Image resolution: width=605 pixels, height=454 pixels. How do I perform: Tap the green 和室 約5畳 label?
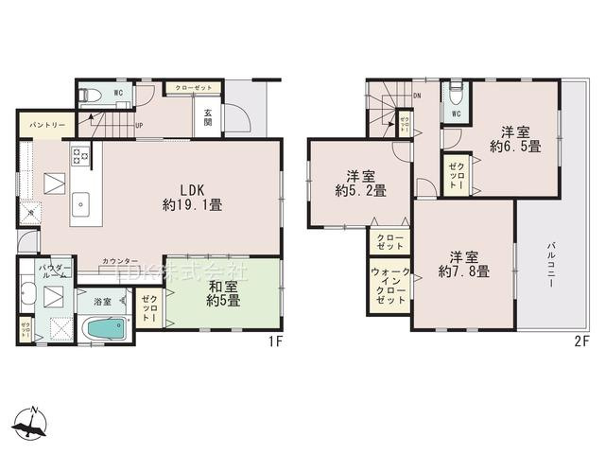point(223,295)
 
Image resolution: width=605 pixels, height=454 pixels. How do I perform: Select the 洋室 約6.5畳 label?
point(514,139)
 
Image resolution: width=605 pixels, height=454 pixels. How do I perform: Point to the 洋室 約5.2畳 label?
point(360,183)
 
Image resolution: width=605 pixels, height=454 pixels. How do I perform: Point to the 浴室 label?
point(101,302)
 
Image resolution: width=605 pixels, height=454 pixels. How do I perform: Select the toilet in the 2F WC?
point(456,94)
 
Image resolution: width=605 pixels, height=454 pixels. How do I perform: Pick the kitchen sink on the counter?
point(79,201)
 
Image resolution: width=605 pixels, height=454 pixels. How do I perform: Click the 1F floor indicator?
point(276,341)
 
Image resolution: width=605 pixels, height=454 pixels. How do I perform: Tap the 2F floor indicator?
point(582,341)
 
